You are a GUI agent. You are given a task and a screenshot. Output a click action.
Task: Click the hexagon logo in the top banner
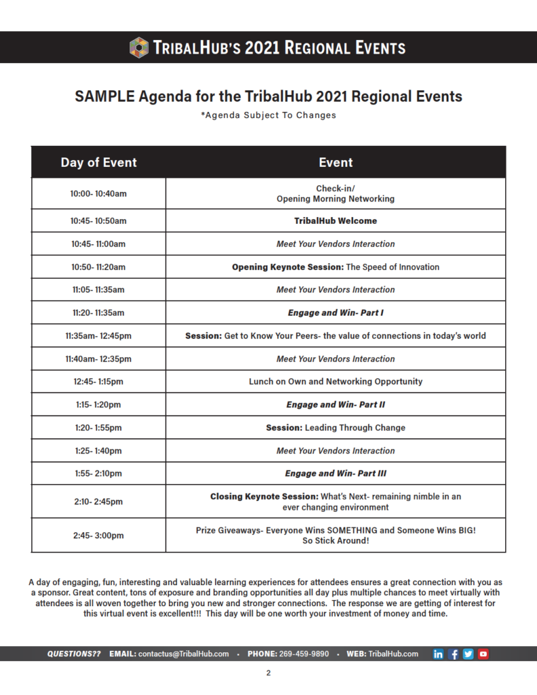139,48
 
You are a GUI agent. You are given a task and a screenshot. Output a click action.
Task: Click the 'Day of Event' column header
98,162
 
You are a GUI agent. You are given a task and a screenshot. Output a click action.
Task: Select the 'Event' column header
335,162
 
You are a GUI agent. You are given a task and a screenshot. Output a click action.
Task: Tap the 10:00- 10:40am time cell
98,193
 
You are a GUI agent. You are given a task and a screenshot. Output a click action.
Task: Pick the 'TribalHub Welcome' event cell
335,221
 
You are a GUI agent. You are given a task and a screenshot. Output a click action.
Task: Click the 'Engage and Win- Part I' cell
335,313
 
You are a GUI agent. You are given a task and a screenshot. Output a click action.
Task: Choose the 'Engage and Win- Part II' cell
335,405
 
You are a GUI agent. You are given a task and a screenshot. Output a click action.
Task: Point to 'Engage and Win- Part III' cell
335,473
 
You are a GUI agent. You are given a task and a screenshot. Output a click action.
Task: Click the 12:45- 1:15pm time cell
98,381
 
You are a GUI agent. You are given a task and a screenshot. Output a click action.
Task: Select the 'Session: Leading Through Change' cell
335,428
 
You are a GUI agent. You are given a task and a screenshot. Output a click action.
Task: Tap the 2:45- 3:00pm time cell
98,536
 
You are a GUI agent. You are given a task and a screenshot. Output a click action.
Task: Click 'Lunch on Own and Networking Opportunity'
335,381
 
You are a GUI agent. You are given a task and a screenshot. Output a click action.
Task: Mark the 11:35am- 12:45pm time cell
98,335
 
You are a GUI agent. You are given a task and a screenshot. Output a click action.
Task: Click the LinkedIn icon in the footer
439,654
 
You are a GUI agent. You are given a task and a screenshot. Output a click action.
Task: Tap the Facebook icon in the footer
453,654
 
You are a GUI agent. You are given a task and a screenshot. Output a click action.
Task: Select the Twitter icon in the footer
468,654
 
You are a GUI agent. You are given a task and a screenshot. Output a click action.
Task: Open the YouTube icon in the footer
483,654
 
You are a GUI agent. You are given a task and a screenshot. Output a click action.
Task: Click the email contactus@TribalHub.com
183,654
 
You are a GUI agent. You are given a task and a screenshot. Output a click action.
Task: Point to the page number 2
268,673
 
